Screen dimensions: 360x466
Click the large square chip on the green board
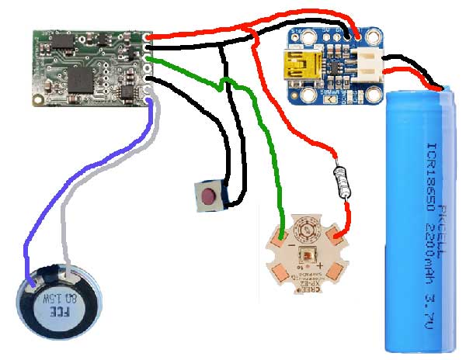pos(82,76)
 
